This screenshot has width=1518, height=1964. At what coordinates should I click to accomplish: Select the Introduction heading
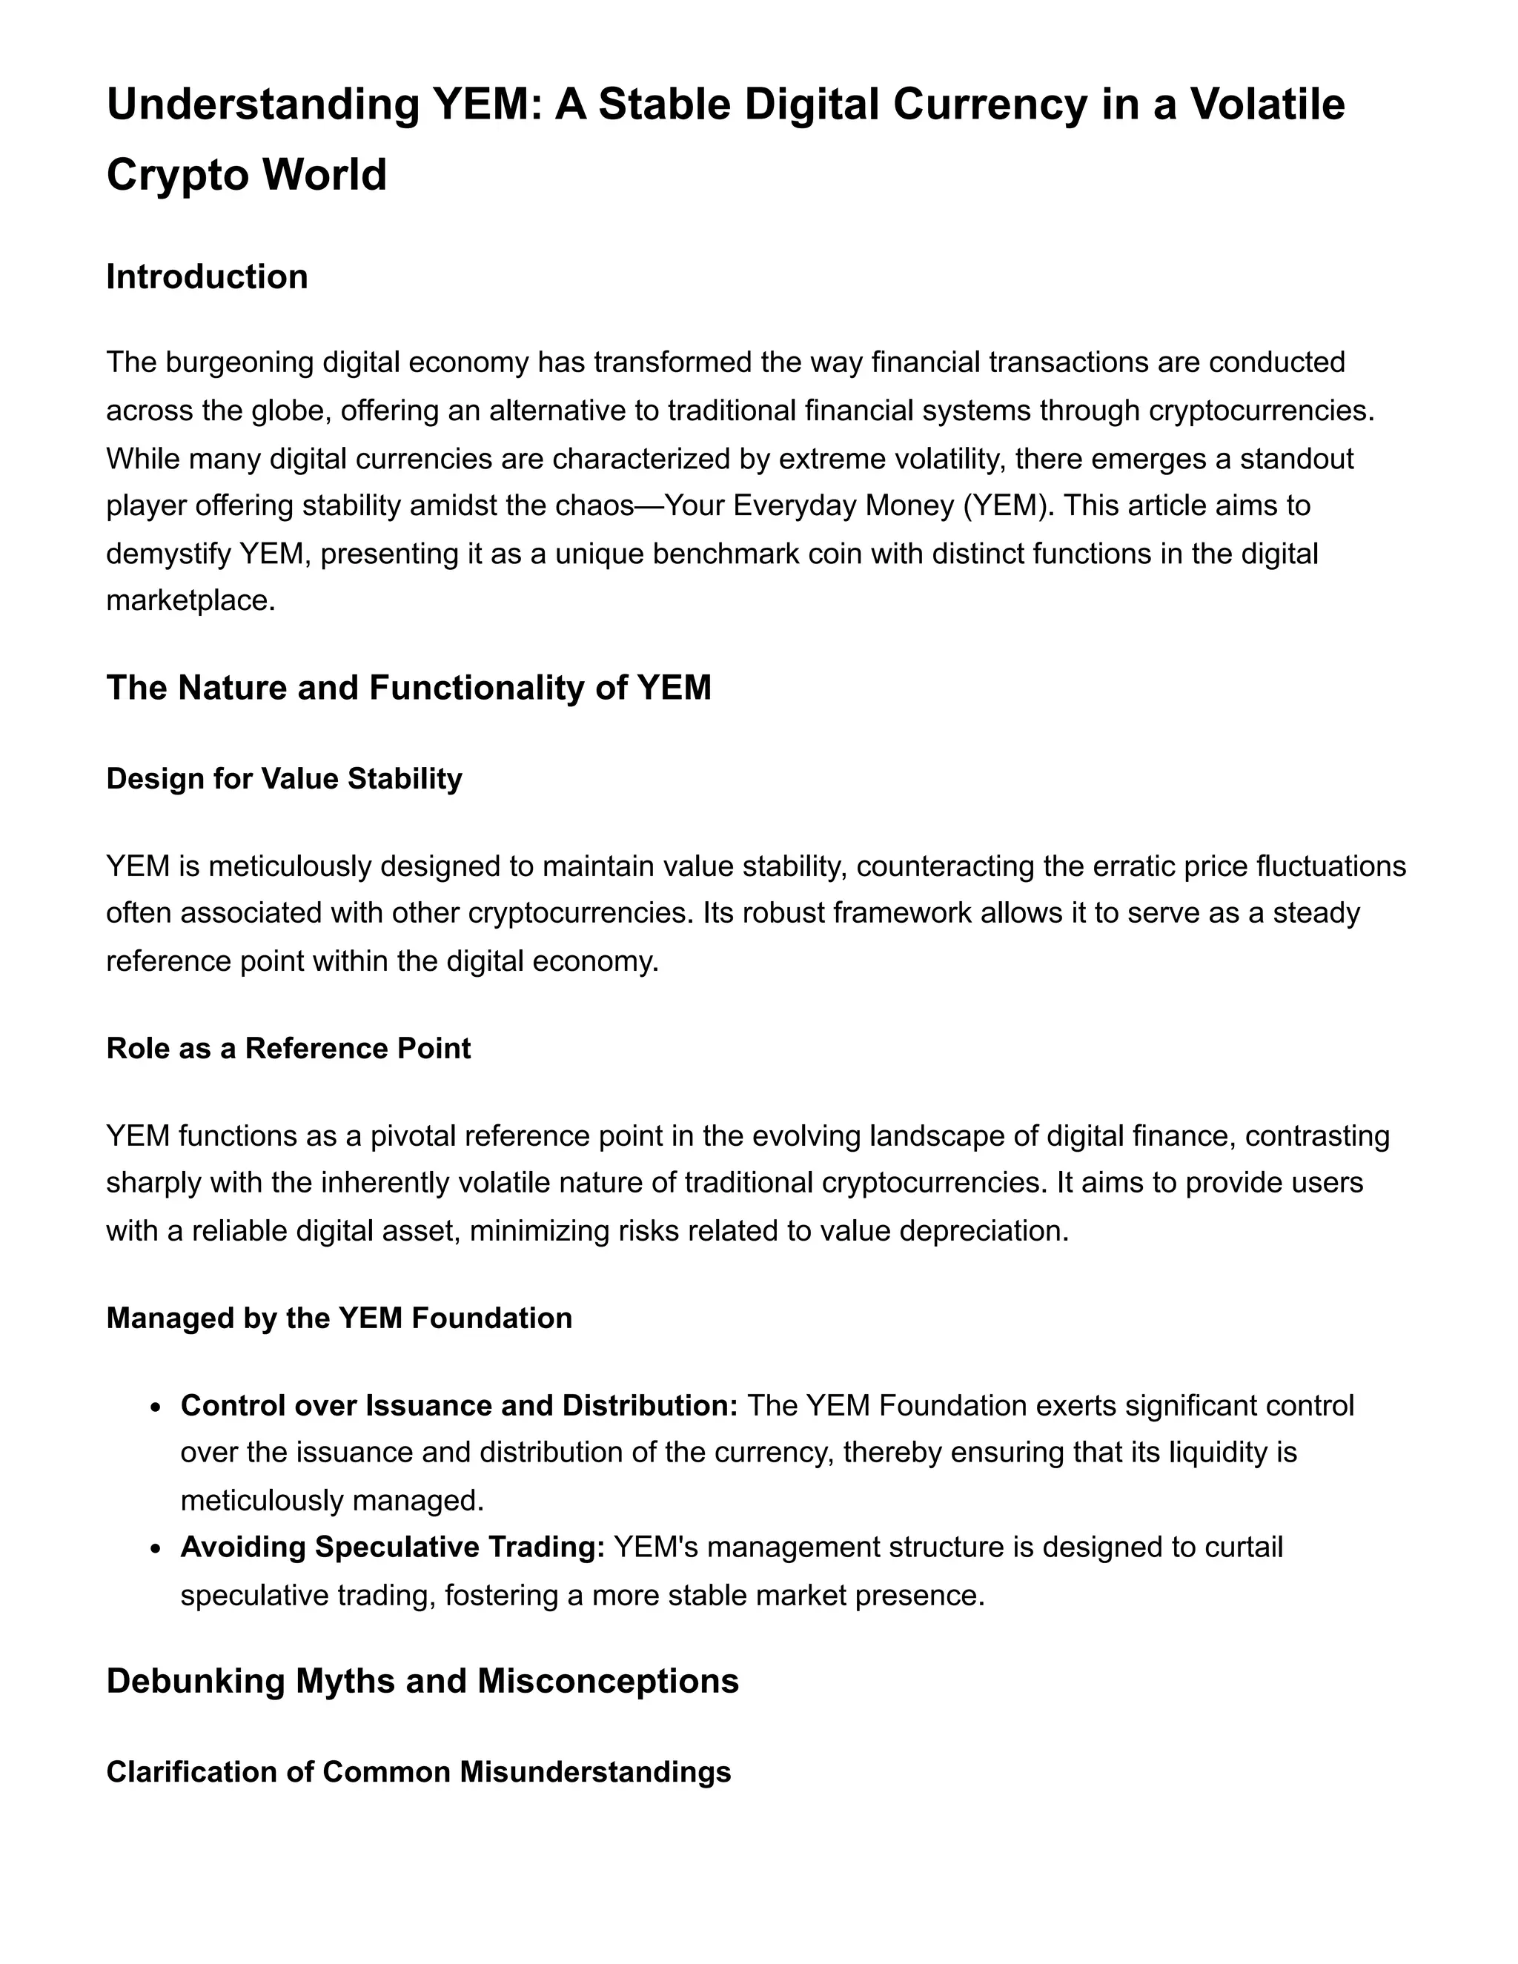pyautogui.click(x=207, y=277)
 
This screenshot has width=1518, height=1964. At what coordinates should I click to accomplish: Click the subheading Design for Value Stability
pyautogui.click(x=284, y=779)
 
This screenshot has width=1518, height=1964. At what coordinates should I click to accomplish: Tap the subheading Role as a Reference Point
pyautogui.click(x=288, y=1049)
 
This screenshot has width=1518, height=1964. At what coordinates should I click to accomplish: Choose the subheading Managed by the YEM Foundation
pyautogui.click(x=339, y=1318)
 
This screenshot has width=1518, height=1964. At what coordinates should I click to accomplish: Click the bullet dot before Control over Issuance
pyautogui.click(x=156, y=1407)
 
